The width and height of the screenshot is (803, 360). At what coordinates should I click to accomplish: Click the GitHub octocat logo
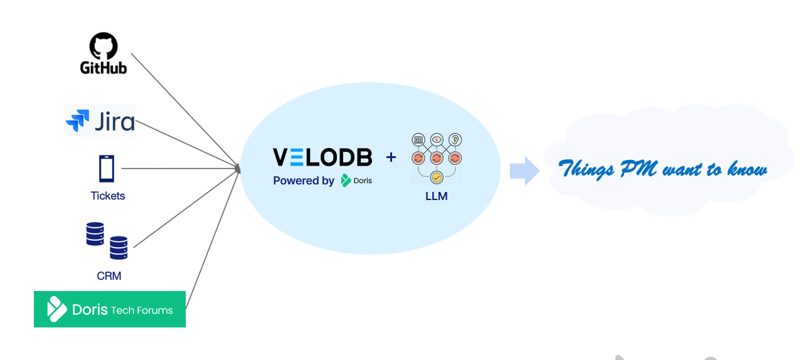pos(104,46)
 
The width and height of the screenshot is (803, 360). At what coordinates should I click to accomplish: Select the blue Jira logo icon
pos(78,121)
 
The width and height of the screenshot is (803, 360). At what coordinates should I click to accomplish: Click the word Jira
pos(115,121)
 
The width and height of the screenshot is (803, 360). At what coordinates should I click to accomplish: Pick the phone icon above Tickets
pos(107,169)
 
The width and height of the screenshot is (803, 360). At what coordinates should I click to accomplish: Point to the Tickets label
pos(108,196)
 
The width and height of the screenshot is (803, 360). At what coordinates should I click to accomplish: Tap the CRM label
pos(109,276)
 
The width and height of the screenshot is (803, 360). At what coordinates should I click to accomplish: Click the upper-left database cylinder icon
pos(95,234)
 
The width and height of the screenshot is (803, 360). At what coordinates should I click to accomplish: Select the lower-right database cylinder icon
pos(119,248)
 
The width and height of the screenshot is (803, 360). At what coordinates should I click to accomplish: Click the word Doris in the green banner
pos(90,310)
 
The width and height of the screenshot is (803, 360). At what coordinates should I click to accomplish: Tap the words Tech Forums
pos(142,310)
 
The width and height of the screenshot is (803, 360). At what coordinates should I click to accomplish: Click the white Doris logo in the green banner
pos(57,309)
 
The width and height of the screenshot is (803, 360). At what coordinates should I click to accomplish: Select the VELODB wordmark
pos(322,157)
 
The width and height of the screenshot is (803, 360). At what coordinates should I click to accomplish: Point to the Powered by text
pos(304,181)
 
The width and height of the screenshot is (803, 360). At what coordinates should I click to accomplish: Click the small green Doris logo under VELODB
pos(346,181)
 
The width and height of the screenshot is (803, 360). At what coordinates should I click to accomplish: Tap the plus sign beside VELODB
pos(391,157)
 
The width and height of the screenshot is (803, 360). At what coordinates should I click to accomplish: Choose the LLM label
pos(436,196)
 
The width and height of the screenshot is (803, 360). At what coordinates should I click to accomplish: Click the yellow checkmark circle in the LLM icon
pos(437,177)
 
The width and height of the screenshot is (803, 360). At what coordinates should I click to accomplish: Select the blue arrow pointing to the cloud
pos(524,171)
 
